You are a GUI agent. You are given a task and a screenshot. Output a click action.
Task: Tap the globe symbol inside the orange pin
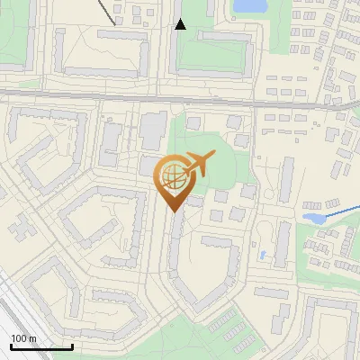pos(174,176)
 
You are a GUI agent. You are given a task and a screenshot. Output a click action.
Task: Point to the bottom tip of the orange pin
pos(174,211)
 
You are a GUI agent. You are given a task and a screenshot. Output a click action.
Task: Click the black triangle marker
pos(180,24)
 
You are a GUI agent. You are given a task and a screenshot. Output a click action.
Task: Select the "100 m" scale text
pos(24,338)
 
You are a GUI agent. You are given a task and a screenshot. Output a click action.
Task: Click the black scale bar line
pos(41,346)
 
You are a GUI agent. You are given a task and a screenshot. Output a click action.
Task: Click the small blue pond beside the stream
pos(314,218)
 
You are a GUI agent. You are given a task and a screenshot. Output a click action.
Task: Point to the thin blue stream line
pos(342,212)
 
